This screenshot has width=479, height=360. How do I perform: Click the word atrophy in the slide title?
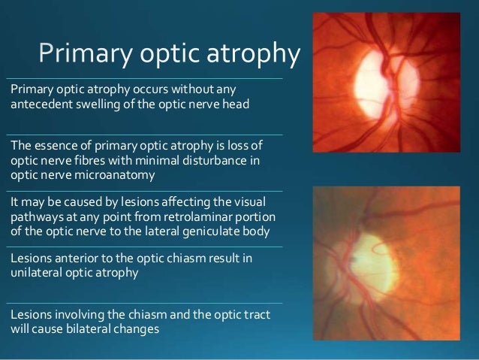click(254, 54)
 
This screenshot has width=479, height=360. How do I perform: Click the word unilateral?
click(35, 273)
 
